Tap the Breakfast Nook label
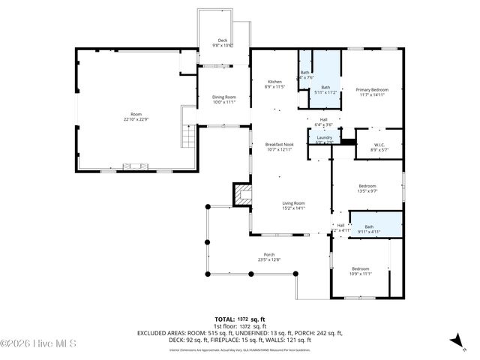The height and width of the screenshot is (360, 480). tap(278, 146)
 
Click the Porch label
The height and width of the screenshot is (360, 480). tap(268, 256)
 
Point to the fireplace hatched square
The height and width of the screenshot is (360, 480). tap(242, 195)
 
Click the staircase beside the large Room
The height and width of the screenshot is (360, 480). tap(188, 137)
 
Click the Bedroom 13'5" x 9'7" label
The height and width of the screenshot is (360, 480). tap(367, 187)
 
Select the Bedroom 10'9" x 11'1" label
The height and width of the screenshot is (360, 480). tap(361, 271)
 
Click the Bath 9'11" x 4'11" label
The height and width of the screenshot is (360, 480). tap(368, 229)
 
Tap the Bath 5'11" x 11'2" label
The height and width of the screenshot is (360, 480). tap(325, 90)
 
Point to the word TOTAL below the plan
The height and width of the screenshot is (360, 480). tap(224, 319)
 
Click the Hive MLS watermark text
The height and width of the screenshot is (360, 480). tap(38, 343)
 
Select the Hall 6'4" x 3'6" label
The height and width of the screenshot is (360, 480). tap(323, 121)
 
